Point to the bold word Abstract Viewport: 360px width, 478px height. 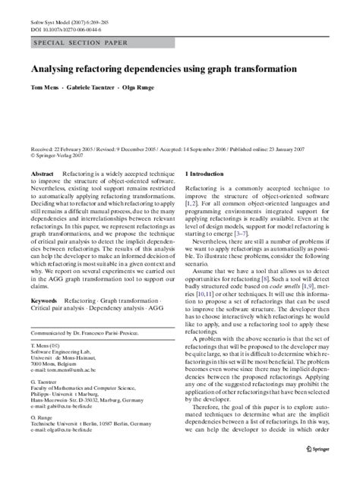42,174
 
